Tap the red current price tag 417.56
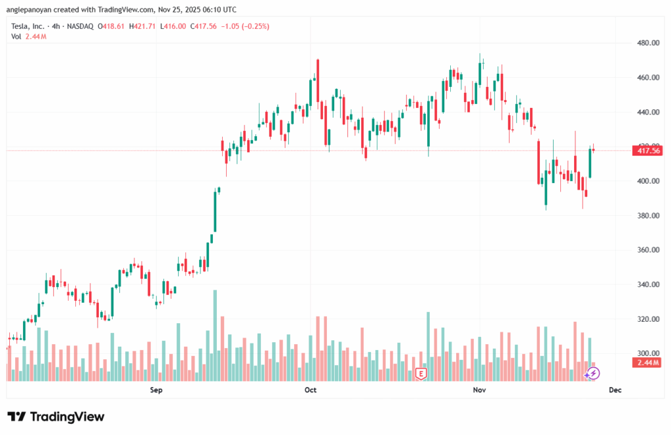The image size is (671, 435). [647, 150]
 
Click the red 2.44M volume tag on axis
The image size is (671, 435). [647, 362]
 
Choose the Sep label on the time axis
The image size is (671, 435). [155, 390]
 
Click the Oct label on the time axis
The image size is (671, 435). [311, 390]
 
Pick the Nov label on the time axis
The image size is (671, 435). [479, 390]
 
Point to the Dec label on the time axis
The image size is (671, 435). [615, 390]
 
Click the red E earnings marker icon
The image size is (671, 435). [421, 374]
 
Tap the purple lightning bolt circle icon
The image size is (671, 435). [592, 374]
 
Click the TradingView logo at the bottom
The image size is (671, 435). [56, 417]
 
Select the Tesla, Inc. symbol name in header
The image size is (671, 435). [29, 26]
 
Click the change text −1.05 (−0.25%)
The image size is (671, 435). [246, 26]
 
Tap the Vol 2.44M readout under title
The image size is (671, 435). [29, 36]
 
